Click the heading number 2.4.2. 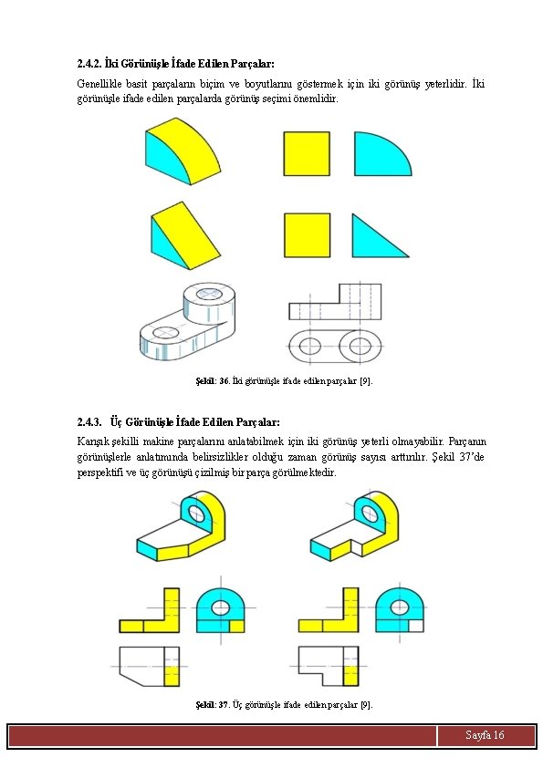click(89, 63)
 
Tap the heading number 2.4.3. click(89, 421)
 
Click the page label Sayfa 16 click(485, 734)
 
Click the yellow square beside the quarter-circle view click(307, 153)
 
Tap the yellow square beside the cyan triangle click(307, 235)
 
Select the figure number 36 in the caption click(225, 380)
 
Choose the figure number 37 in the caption click(224, 705)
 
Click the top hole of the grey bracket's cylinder click(209, 294)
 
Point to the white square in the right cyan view click(416, 626)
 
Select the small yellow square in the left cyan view click(236, 626)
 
